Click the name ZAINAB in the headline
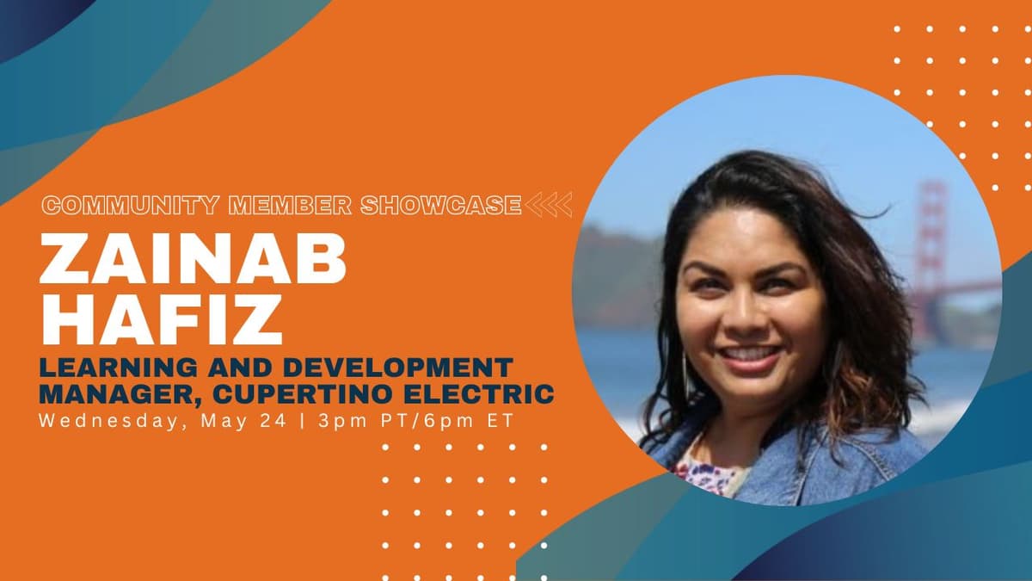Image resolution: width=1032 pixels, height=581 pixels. pos(193,260)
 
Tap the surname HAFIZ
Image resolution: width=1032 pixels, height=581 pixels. pos(162,319)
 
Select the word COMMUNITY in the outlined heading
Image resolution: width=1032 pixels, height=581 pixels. pos(130,206)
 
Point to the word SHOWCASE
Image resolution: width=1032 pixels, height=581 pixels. pos(441,206)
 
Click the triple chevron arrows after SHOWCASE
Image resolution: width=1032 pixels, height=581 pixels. pos(549,205)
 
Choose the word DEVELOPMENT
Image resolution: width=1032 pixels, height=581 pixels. pos(398,368)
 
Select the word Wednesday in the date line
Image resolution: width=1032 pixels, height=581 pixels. pos(108,422)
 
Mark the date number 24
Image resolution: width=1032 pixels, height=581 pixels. pos(273,421)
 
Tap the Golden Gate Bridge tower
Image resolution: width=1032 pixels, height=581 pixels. pos(931,249)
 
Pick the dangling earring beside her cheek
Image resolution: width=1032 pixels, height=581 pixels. pos(686,374)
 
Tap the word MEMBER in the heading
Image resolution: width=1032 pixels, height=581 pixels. pos(290,206)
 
